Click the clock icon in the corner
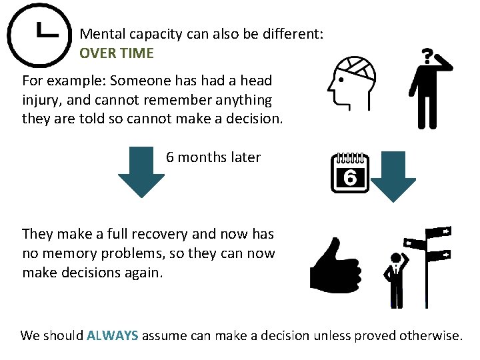[x=39, y=35]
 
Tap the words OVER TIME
[x=117, y=53]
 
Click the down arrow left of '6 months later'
[x=141, y=173]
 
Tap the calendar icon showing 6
[x=350, y=173]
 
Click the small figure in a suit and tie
[x=395, y=281]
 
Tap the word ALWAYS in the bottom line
[x=113, y=335]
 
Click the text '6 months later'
[x=213, y=157]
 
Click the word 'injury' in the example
[x=39, y=100]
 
